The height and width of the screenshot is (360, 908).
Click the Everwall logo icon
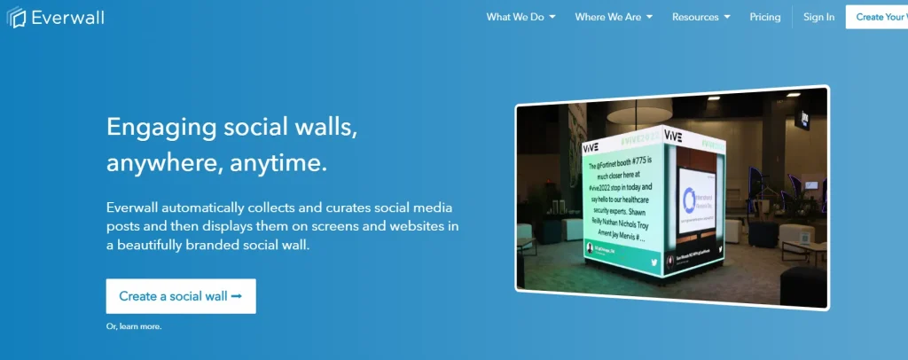(x=17, y=17)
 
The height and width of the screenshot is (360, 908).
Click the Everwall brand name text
(x=67, y=17)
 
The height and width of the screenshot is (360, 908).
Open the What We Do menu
(x=521, y=17)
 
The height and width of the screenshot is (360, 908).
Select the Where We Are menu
(x=613, y=17)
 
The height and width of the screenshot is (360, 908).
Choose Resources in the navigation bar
(x=701, y=17)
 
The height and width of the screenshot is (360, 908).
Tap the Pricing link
(x=764, y=17)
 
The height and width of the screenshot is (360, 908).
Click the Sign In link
(x=818, y=17)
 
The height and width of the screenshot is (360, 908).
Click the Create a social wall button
(x=181, y=296)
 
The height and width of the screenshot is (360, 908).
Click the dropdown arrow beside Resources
(x=727, y=17)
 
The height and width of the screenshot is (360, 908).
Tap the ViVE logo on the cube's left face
(x=591, y=147)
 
